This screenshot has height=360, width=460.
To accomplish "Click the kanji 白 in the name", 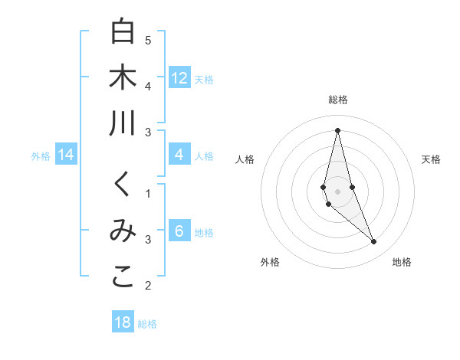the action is pyautogui.click(x=123, y=31).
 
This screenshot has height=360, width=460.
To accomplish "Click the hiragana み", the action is pyautogui.click(x=123, y=232).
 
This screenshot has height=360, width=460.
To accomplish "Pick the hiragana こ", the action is pyautogui.click(x=123, y=278).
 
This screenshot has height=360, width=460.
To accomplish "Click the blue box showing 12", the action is pyautogui.click(x=179, y=78).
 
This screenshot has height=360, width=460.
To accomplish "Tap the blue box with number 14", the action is pyautogui.click(x=66, y=155).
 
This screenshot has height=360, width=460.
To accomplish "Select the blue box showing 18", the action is pyautogui.click(x=123, y=322).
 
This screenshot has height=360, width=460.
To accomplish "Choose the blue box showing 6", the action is pyautogui.click(x=179, y=232).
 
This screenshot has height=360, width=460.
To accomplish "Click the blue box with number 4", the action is pyautogui.click(x=179, y=155).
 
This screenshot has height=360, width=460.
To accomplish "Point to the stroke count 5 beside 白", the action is pyautogui.click(x=148, y=40).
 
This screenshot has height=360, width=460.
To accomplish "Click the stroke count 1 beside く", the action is pyautogui.click(x=148, y=192).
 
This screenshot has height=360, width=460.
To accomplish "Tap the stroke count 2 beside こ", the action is pyautogui.click(x=148, y=286).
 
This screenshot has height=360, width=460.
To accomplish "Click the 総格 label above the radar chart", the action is pyautogui.click(x=337, y=100).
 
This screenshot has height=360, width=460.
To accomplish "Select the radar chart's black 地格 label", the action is pyautogui.click(x=402, y=262).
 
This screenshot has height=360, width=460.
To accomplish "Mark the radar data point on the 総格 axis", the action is pyautogui.click(x=337, y=130).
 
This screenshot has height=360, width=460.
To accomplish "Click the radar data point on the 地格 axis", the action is pyautogui.click(x=373, y=242).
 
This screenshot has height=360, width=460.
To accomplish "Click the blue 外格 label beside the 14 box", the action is pyautogui.click(x=41, y=156).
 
